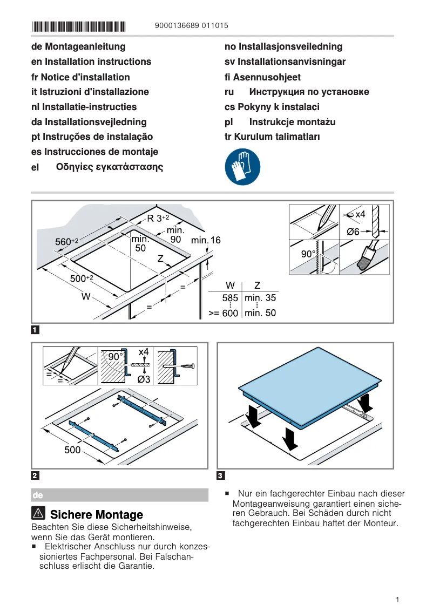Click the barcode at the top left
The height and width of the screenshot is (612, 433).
click(78, 26)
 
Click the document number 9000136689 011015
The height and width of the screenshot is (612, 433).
click(191, 25)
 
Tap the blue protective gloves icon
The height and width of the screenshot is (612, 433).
click(242, 167)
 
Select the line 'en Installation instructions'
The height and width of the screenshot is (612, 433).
click(91, 62)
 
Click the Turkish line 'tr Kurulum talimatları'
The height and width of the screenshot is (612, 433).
click(272, 137)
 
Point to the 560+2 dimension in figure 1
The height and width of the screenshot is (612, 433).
click(67, 242)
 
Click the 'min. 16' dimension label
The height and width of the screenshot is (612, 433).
click(206, 240)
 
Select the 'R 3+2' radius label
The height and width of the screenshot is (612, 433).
click(158, 219)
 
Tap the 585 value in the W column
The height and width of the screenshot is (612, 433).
click(231, 298)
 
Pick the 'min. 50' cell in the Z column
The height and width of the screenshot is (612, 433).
click(260, 313)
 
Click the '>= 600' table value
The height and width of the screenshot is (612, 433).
click(224, 313)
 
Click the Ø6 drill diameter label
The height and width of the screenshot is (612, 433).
click(353, 232)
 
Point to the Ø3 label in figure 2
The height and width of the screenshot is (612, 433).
click(143, 379)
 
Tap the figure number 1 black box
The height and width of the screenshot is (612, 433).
click(35, 329)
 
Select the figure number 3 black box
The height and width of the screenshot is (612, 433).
click(220, 475)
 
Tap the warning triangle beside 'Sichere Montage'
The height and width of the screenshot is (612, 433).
click(38, 514)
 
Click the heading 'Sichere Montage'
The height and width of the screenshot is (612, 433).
click(96, 514)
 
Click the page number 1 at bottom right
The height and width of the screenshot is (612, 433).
click(397, 600)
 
